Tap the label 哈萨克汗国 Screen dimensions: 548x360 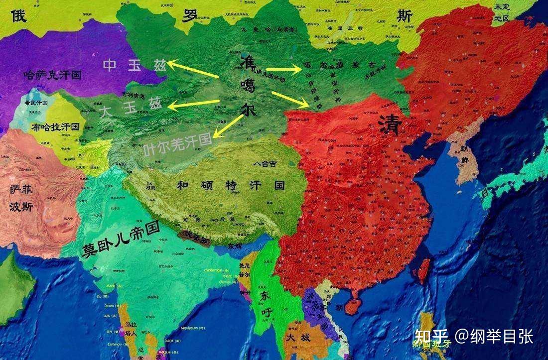click(x=52, y=76)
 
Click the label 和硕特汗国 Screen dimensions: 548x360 click(x=231, y=186)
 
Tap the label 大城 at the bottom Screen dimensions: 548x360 click(x=298, y=338)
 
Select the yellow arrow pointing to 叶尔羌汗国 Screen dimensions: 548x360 click(x=229, y=127)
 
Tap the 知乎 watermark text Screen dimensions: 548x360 click(x=432, y=337)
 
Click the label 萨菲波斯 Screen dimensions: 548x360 click(x=21, y=198)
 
